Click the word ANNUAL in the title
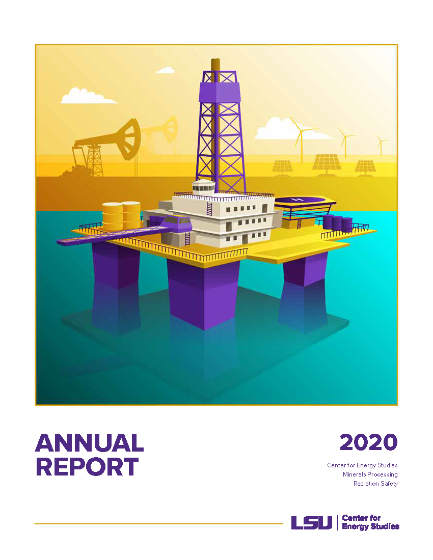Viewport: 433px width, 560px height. (89, 443)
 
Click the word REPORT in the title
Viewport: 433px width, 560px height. (87, 467)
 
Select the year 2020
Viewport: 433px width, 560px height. (368, 442)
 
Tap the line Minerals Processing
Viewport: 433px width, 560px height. (370, 474)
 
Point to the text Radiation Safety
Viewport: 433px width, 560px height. (375, 484)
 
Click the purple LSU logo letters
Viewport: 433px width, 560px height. (311, 522)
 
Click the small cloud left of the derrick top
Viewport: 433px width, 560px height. (165, 70)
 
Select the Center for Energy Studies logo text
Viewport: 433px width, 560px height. (370, 522)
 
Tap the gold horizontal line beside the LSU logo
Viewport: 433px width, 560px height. (158, 523)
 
